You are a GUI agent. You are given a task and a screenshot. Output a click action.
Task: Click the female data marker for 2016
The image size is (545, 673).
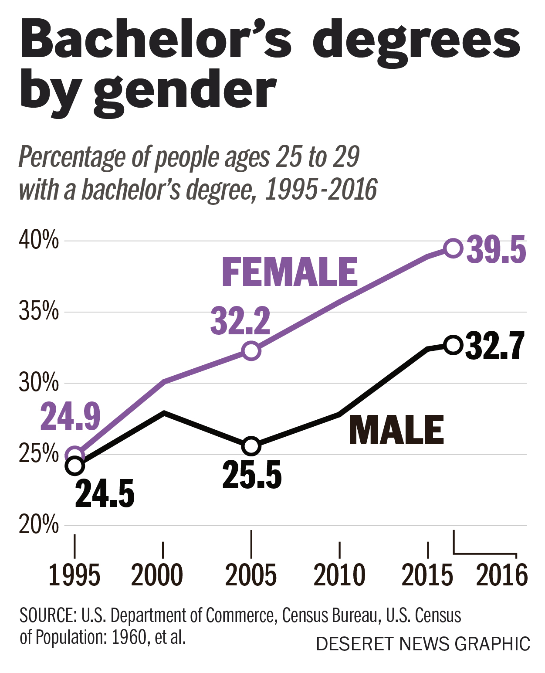click(453, 248)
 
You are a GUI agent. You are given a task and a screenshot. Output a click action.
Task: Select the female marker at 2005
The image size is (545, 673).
click(251, 350)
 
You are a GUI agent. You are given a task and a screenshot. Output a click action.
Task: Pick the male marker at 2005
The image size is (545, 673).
click(251, 446)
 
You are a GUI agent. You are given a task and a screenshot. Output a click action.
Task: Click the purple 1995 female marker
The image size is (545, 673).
click(75, 455)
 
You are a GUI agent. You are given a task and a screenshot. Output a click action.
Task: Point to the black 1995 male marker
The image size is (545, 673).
click(75, 466)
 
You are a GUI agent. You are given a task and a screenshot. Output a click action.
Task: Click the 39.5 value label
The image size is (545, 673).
click(496, 250)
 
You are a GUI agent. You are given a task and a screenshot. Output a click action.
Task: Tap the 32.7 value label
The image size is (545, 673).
click(494, 346)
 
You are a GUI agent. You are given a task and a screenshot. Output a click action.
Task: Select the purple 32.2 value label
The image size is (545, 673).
click(240, 321)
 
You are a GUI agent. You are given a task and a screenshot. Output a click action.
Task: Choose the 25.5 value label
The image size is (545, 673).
click(252, 475)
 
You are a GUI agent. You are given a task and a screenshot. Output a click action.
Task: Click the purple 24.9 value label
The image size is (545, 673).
click(71, 416)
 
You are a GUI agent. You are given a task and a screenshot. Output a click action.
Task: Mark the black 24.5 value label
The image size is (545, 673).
click(105, 494)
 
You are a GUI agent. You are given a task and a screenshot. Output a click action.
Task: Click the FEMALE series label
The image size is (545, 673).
click(290, 272)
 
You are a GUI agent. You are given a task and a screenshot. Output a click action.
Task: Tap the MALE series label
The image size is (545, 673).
click(396, 430)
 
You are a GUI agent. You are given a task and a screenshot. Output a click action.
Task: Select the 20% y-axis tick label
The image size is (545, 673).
click(38, 525)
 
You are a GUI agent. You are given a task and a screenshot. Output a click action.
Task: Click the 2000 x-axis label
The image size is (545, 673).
click(157, 575)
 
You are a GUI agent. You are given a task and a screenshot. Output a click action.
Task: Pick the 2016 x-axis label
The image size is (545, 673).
click(502, 575)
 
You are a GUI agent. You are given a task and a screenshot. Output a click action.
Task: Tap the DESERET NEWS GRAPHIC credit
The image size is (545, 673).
click(423, 644)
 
